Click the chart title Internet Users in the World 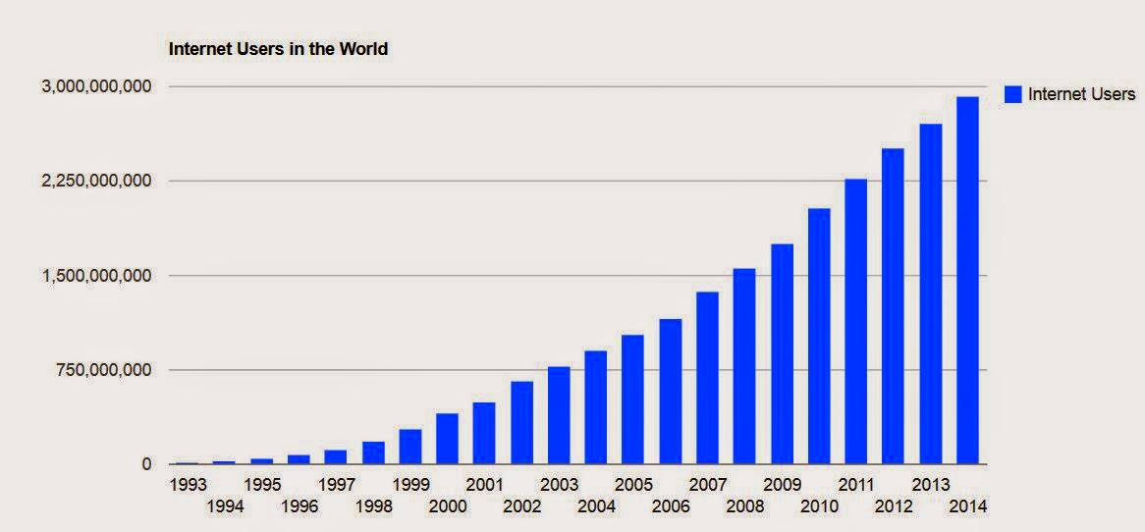point(279,48)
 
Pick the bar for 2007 point(707,378)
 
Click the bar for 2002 point(521,422)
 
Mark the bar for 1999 point(409,447)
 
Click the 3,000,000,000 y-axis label point(96,86)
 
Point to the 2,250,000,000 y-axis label point(96,181)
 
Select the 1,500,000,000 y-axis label point(96,276)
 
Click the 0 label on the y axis point(146,464)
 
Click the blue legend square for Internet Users point(1012,94)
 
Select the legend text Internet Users point(1081,94)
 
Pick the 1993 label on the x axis point(187,485)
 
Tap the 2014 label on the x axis point(967,506)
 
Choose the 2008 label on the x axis point(744,506)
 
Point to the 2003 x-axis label point(559,485)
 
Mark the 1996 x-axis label point(299,506)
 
